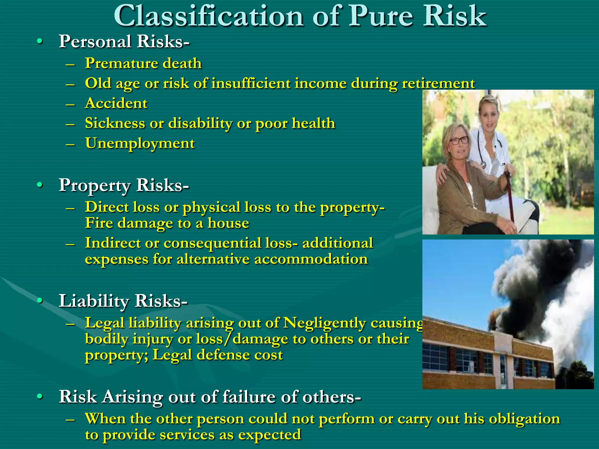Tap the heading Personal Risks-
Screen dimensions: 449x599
click(x=124, y=41)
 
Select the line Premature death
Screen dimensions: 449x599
click(x=143, y=63)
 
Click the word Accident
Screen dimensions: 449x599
click(x=116, y=103)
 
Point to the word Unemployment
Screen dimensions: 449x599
click(x=140, y=143)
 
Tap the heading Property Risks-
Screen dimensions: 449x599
click(x=124, y=185)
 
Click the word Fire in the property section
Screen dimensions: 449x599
click(x=99, y=223)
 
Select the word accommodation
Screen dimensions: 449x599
click(x=311, y=259)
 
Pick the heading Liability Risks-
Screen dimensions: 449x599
click(x=123, y=301)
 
